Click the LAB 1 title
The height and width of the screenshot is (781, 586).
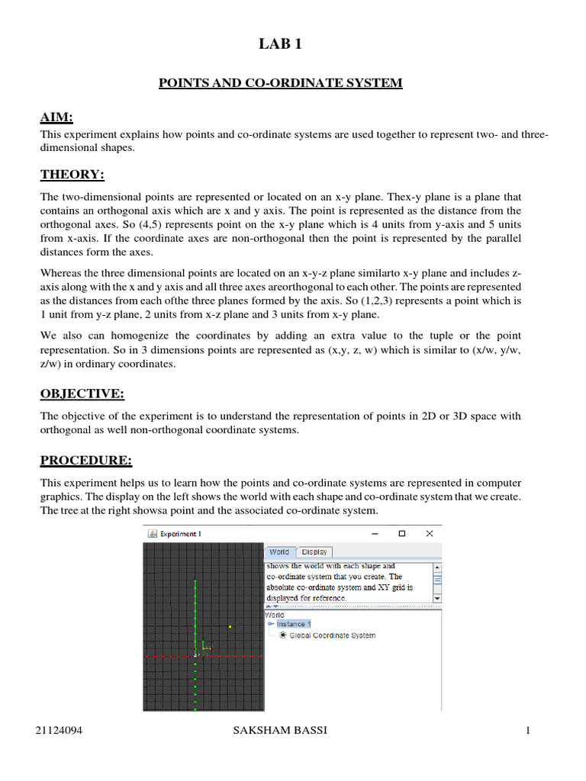[280, 45]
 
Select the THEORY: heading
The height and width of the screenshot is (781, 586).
[72, 175]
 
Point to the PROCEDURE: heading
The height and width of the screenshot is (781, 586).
[85, 461]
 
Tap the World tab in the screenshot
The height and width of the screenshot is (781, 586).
[279, 551]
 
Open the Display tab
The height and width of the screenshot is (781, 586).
[314, 551]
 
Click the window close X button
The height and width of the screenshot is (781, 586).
[430, 534]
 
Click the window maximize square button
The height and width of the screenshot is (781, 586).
[402, 534]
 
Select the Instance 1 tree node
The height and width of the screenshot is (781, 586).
[293, 624]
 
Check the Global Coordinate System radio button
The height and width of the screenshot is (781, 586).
[284, 635]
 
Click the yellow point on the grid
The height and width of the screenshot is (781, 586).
[230, 627]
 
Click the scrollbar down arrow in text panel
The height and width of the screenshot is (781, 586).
[437, 599]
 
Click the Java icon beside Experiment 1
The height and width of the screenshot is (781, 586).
[150, 534]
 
